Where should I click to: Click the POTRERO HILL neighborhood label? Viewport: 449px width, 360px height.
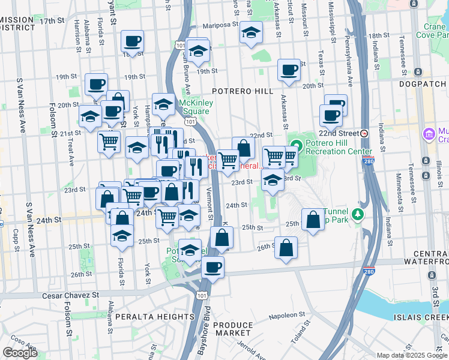point(243,91)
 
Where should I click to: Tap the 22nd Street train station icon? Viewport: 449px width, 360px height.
point(364,133)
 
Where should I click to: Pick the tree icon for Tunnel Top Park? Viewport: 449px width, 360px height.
point(358,214)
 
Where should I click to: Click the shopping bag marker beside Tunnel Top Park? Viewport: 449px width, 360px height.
point(313,221)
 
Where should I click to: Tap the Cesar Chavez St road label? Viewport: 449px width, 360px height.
point(70,295)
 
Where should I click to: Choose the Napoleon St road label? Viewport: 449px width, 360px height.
point(287,315)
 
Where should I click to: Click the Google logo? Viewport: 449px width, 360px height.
point(20,353)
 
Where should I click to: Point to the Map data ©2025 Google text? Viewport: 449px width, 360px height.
point(412,355)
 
